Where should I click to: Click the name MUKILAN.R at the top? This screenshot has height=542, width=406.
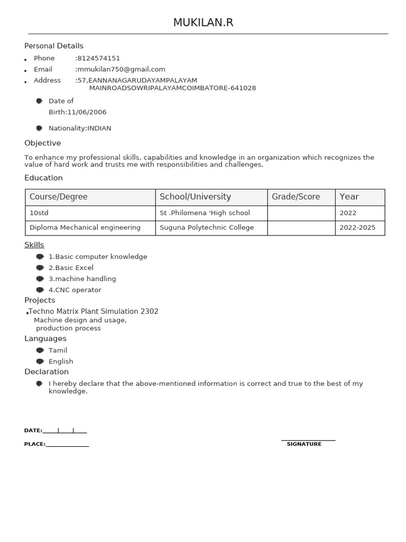203,23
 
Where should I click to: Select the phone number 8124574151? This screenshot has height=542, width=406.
98,58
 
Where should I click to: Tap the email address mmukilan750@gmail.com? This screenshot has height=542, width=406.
121,69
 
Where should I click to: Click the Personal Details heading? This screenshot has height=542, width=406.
54,46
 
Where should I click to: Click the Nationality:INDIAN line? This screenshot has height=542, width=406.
80,128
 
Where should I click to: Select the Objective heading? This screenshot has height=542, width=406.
43,143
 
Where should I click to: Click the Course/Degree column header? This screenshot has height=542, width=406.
59,197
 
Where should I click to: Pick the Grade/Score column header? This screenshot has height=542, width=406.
296,197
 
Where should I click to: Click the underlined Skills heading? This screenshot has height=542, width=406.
34,245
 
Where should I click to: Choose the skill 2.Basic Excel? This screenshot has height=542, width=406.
71,268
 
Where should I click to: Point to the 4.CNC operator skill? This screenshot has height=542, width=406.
75,290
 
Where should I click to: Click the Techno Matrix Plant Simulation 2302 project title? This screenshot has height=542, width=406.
93,312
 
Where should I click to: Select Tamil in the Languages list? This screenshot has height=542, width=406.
58,350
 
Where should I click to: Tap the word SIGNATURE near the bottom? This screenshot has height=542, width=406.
304,445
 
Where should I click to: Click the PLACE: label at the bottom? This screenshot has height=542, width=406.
35,445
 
